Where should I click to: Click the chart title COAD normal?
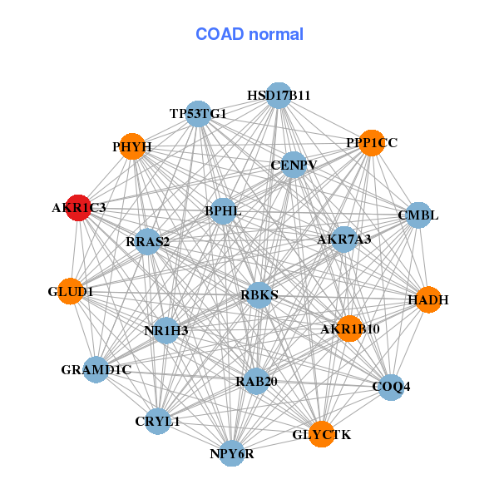click(249, 34)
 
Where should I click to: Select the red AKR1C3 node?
click(78, 209)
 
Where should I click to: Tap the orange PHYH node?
click(131, 147)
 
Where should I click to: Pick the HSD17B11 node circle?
click(279, 96)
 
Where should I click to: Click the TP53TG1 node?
click(198, 113)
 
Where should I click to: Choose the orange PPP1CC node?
click(372, 143)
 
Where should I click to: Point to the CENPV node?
click(294, 165)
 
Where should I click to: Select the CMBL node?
click(417, 215)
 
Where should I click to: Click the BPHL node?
click(223, 211)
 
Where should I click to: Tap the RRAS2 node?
click(147, 242)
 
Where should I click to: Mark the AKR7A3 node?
click(344, 240)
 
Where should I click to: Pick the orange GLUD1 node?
click(71, 292)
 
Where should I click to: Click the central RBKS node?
click(259, 294)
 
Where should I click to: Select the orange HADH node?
click(427, 299)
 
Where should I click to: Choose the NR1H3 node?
click(166, 330)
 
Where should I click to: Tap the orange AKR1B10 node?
click(349, 329)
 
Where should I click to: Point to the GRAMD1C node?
click(96, 369)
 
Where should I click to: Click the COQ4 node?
click(391, 387)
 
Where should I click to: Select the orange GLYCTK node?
click(322, 434)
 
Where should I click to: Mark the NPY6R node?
click(232, 453)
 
